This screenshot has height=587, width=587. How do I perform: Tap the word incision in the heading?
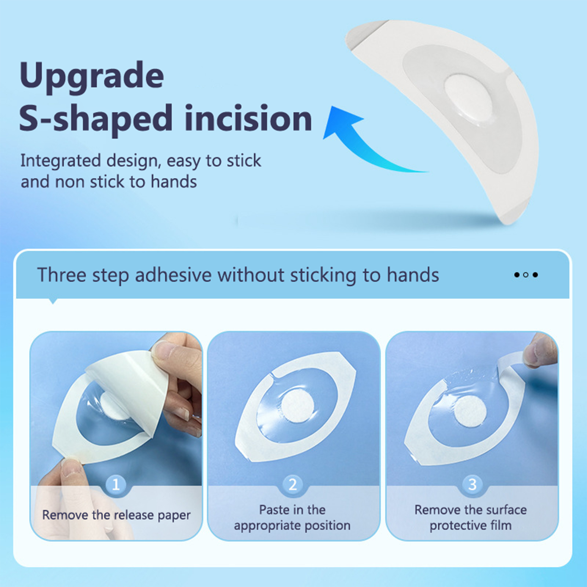248,118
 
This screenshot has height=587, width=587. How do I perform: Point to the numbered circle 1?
116,485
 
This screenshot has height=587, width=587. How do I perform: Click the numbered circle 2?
293,484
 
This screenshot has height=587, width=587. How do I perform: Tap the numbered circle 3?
473,484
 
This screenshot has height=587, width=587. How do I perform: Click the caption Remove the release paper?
116,515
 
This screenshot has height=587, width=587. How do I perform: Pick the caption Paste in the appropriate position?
292,518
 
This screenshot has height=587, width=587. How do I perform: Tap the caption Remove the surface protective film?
471,518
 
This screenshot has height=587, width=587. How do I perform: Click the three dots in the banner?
526,275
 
